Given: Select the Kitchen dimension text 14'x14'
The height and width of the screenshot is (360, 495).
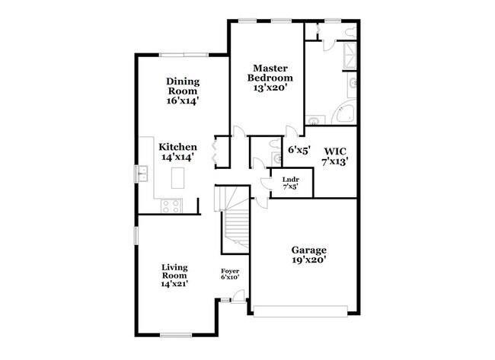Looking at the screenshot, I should (178, 158).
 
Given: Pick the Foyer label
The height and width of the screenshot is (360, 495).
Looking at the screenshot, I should (231, 273).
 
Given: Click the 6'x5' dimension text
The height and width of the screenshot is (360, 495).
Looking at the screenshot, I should (299, 150).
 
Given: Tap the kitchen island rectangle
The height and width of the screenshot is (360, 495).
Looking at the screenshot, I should (179, 178).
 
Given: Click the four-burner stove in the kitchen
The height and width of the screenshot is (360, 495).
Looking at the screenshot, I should (171, 204).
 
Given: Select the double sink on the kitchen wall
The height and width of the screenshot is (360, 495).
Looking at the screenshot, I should (142, 174).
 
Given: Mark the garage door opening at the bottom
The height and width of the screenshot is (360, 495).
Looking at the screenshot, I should (302, 310).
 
